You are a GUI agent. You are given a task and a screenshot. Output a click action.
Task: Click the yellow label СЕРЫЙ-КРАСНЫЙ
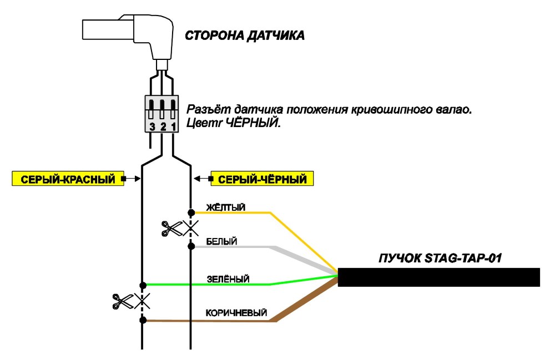pyautogui.click(x=68, y=179)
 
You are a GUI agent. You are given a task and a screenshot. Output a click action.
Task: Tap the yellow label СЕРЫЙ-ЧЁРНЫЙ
pyautogui.click(x=262, y=179)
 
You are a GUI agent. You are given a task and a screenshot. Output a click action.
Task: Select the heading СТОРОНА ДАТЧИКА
pyautogui.click(x=245, y=36)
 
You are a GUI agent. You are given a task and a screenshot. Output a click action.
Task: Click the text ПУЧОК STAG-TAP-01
pyautogui.click(x=440, y=258)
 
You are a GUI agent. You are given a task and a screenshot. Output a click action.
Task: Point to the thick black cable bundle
pyautogui.click(x=439, y=277)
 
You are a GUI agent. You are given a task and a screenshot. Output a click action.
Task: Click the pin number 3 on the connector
pyautogui.click(x=152, y=126)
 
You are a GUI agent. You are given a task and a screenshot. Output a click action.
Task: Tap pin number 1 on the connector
pyautogui.click(x=173, y=126)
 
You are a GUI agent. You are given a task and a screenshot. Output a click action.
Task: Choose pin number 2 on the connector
pyautogui.click(x=163, y=126)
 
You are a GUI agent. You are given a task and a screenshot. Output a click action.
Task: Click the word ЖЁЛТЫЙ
pyautogui.click(x=226, y=207)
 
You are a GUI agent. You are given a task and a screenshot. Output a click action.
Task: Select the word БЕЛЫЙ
pyautogui.click(x=221, y=241)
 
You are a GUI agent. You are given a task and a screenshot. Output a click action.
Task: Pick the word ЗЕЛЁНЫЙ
pyautogui.click(x=228, y=279)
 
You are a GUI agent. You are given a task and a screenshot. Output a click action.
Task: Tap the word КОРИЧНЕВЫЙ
pyautogui.click(x=236, y=313)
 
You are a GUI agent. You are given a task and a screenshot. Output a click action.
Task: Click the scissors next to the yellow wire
pyautogui.click(x=172, y=229)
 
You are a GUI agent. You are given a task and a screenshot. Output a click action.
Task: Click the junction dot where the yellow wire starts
pyautogui.click(x=191, y=212)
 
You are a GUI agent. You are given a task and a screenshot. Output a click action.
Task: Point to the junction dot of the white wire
pyautogui.click(x=191, y=246)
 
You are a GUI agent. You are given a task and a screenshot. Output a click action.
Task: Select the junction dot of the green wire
pyautogui.click(x=143, y=285)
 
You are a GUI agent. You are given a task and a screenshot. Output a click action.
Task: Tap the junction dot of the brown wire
pyautogui.click(x=143, y=321)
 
